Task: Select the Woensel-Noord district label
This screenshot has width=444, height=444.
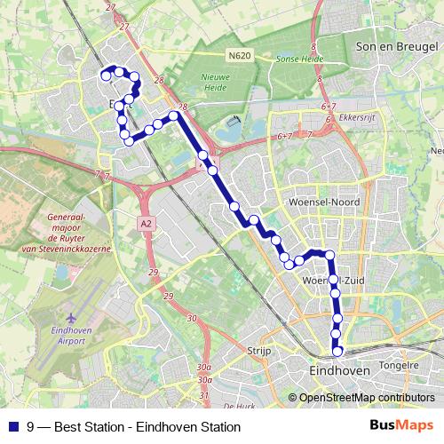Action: pyautogui.click(x=324, y=202)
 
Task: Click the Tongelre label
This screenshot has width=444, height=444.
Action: pyautogui.click(x=399, y=364)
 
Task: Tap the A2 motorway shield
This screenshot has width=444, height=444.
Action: pyautogui.click(x=146, y=225)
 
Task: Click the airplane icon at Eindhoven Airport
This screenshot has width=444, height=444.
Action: pyautogui.click(x=69, y=317)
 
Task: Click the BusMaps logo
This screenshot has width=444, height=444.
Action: pyautogui.click(x=401, y=425)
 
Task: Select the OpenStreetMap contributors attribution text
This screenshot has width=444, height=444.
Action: pyautogui.click(x=367, y=397)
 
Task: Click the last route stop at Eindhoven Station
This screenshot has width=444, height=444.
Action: pyautogui.click(x=337, y=351)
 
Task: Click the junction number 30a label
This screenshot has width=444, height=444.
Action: pyautogui.click(x=206, y=367)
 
